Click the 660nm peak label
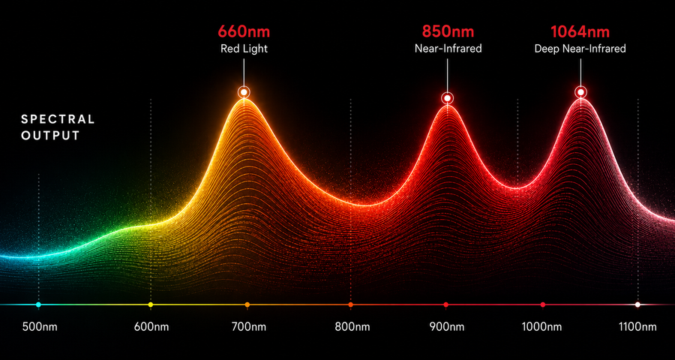coord(244,31)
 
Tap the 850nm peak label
coord(448,31)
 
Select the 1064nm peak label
coord(580,31)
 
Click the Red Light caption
coord(244,49)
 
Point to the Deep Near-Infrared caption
coord(580,49)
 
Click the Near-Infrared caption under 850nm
coord(448,49)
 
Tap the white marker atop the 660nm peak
coord(244,91)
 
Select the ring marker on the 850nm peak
coord(448,98)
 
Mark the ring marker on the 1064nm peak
coord(581,91)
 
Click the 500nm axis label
coord(40,327)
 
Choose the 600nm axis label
coord(151,327)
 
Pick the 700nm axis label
coord(248,327)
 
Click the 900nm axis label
coord(447,327)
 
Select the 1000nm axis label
coord(543,327)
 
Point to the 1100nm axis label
coord(638,327)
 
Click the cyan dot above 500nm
coord(38,304)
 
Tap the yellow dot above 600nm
coord(150,304)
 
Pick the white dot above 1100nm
coord(637,304)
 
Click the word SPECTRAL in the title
coord(58,119)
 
